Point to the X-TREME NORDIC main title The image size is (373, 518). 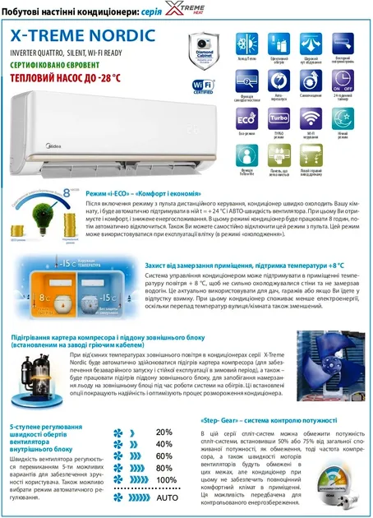click(82, 35)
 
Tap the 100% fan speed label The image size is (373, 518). click(165, 480)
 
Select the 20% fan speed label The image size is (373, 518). click(164, 432)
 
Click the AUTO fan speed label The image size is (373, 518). click(167, 497)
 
